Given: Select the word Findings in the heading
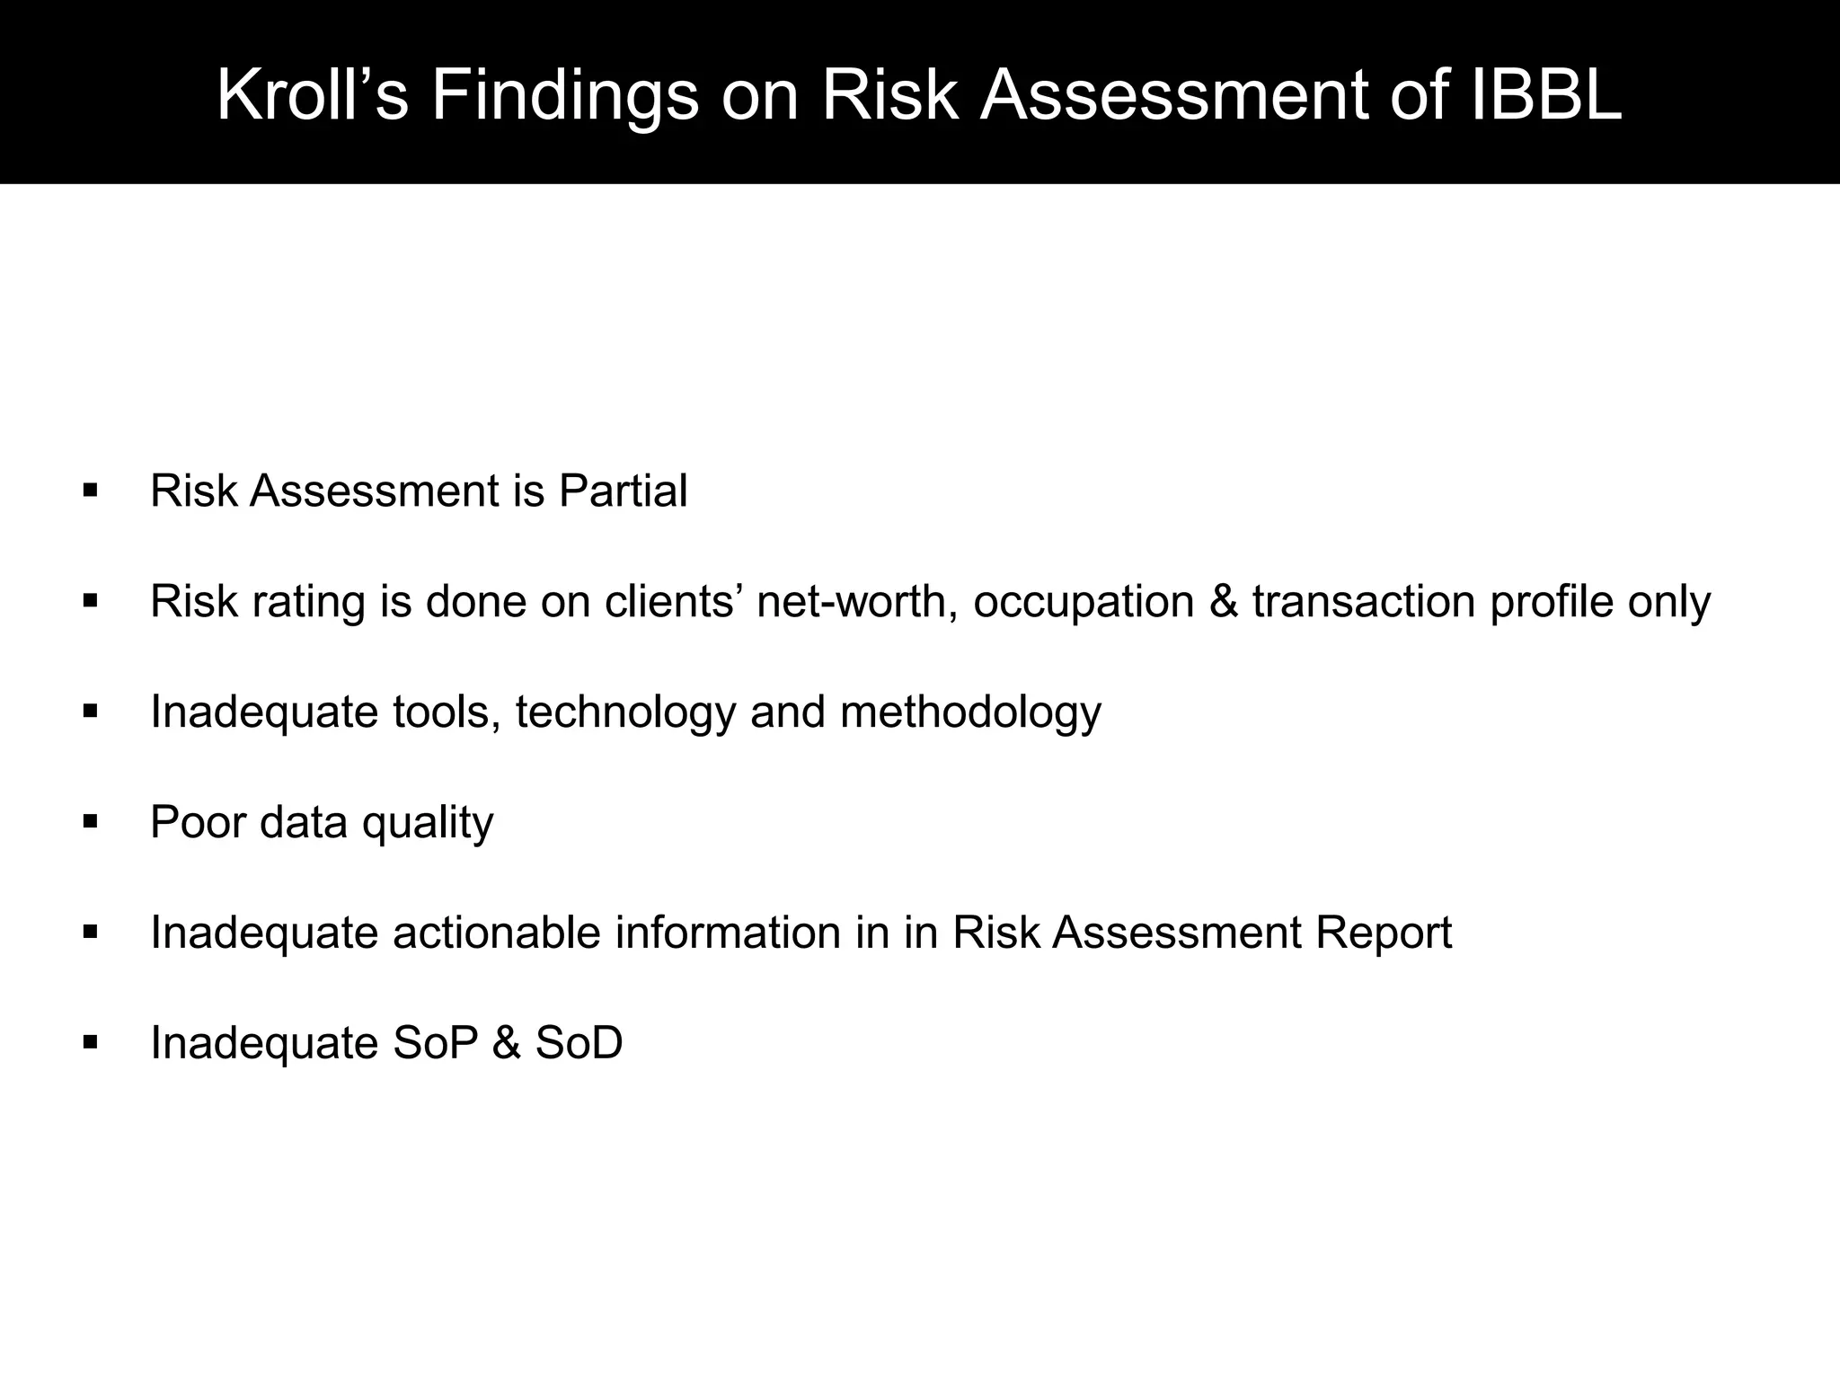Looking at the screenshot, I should click(565, 97).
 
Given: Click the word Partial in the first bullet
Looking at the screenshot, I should click(623, 491).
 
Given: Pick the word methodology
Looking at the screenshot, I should click(970, 713).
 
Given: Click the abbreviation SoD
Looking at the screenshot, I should click(579, 1043).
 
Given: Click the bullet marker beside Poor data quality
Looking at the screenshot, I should click(90, 821).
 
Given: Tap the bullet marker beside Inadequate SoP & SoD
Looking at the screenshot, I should click(90, 1042).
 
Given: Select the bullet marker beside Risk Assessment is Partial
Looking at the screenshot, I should click(90, 491).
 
